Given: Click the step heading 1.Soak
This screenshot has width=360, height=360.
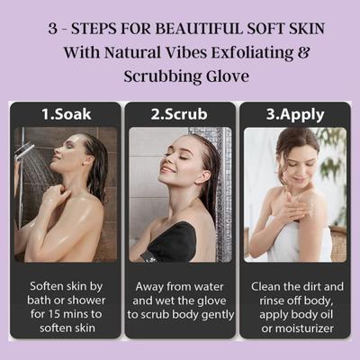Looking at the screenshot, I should click(65, 114).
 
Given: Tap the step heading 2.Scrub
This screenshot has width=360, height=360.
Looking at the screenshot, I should click(181, 114).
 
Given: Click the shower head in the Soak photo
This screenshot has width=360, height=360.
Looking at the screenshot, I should click(25, 153).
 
